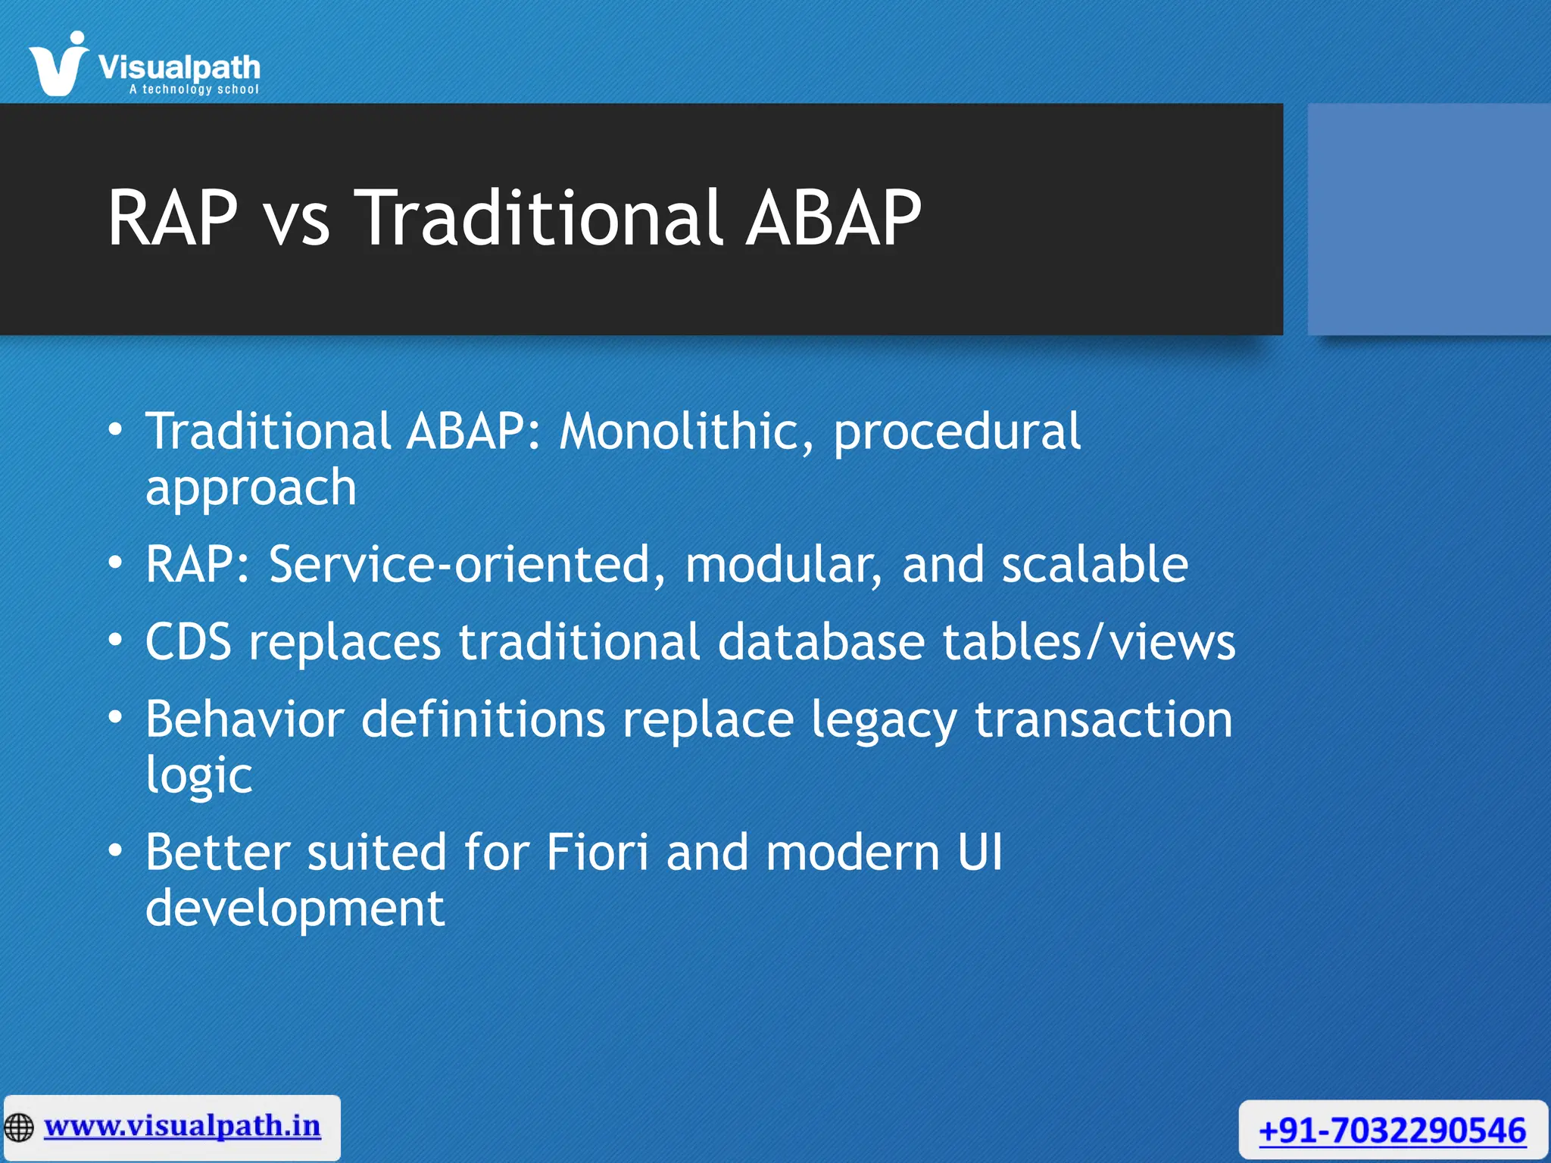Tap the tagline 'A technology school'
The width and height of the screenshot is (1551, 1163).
click(194, 89)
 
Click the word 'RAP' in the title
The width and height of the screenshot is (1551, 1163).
click(173, 219)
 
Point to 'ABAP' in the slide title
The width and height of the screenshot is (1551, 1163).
click(833, 219)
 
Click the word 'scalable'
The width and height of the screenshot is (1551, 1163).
click(1095, 565)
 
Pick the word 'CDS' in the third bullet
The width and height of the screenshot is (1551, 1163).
click(188, 643)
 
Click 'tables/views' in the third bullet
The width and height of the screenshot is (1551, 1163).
click(1088, 643)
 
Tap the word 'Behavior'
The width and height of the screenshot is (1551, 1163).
click(245, 719)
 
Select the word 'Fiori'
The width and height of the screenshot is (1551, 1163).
click(598, 853)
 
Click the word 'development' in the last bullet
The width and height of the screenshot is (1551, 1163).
click(295, 909)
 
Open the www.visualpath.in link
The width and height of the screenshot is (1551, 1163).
click(182, 1126)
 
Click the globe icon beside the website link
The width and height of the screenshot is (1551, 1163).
click(19, 1127)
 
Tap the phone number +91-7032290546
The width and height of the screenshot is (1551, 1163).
click(1392, 1131)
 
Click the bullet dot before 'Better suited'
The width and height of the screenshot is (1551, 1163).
click(114, 851)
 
